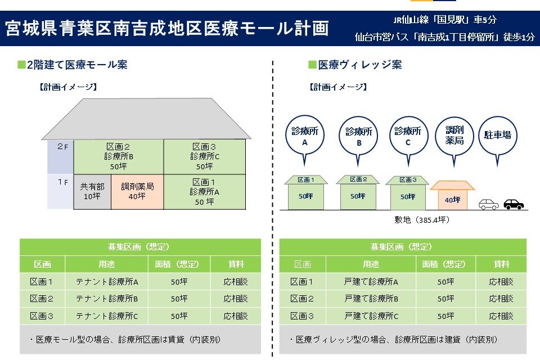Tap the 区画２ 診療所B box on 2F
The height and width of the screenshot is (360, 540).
point(119,156)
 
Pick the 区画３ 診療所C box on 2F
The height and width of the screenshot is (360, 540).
point(204,156)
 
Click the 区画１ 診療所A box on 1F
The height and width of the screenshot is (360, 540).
point(204,192)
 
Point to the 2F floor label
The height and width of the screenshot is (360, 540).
point(62,147)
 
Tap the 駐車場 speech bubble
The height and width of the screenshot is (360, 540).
point(497,136)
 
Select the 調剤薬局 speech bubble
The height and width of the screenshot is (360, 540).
point(454,136)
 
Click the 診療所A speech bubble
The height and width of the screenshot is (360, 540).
point(304,136)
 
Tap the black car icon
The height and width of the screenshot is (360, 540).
point(514,204)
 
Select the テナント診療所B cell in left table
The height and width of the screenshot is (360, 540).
point(107,299)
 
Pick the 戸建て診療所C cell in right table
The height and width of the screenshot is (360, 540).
point(371,316)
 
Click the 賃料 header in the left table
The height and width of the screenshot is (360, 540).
point(236,264)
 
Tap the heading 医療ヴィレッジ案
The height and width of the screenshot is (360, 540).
point(359,65)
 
